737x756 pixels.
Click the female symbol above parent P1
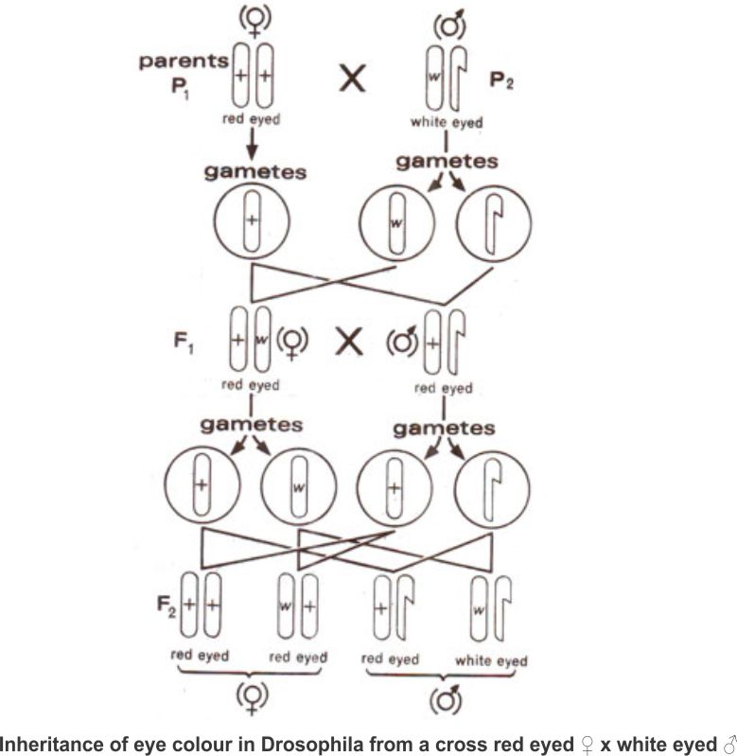coord(254,21)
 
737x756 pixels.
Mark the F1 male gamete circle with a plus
coord(394,489)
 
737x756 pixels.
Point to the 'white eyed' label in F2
coord(491,659)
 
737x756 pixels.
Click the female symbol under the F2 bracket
coord(251,701)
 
